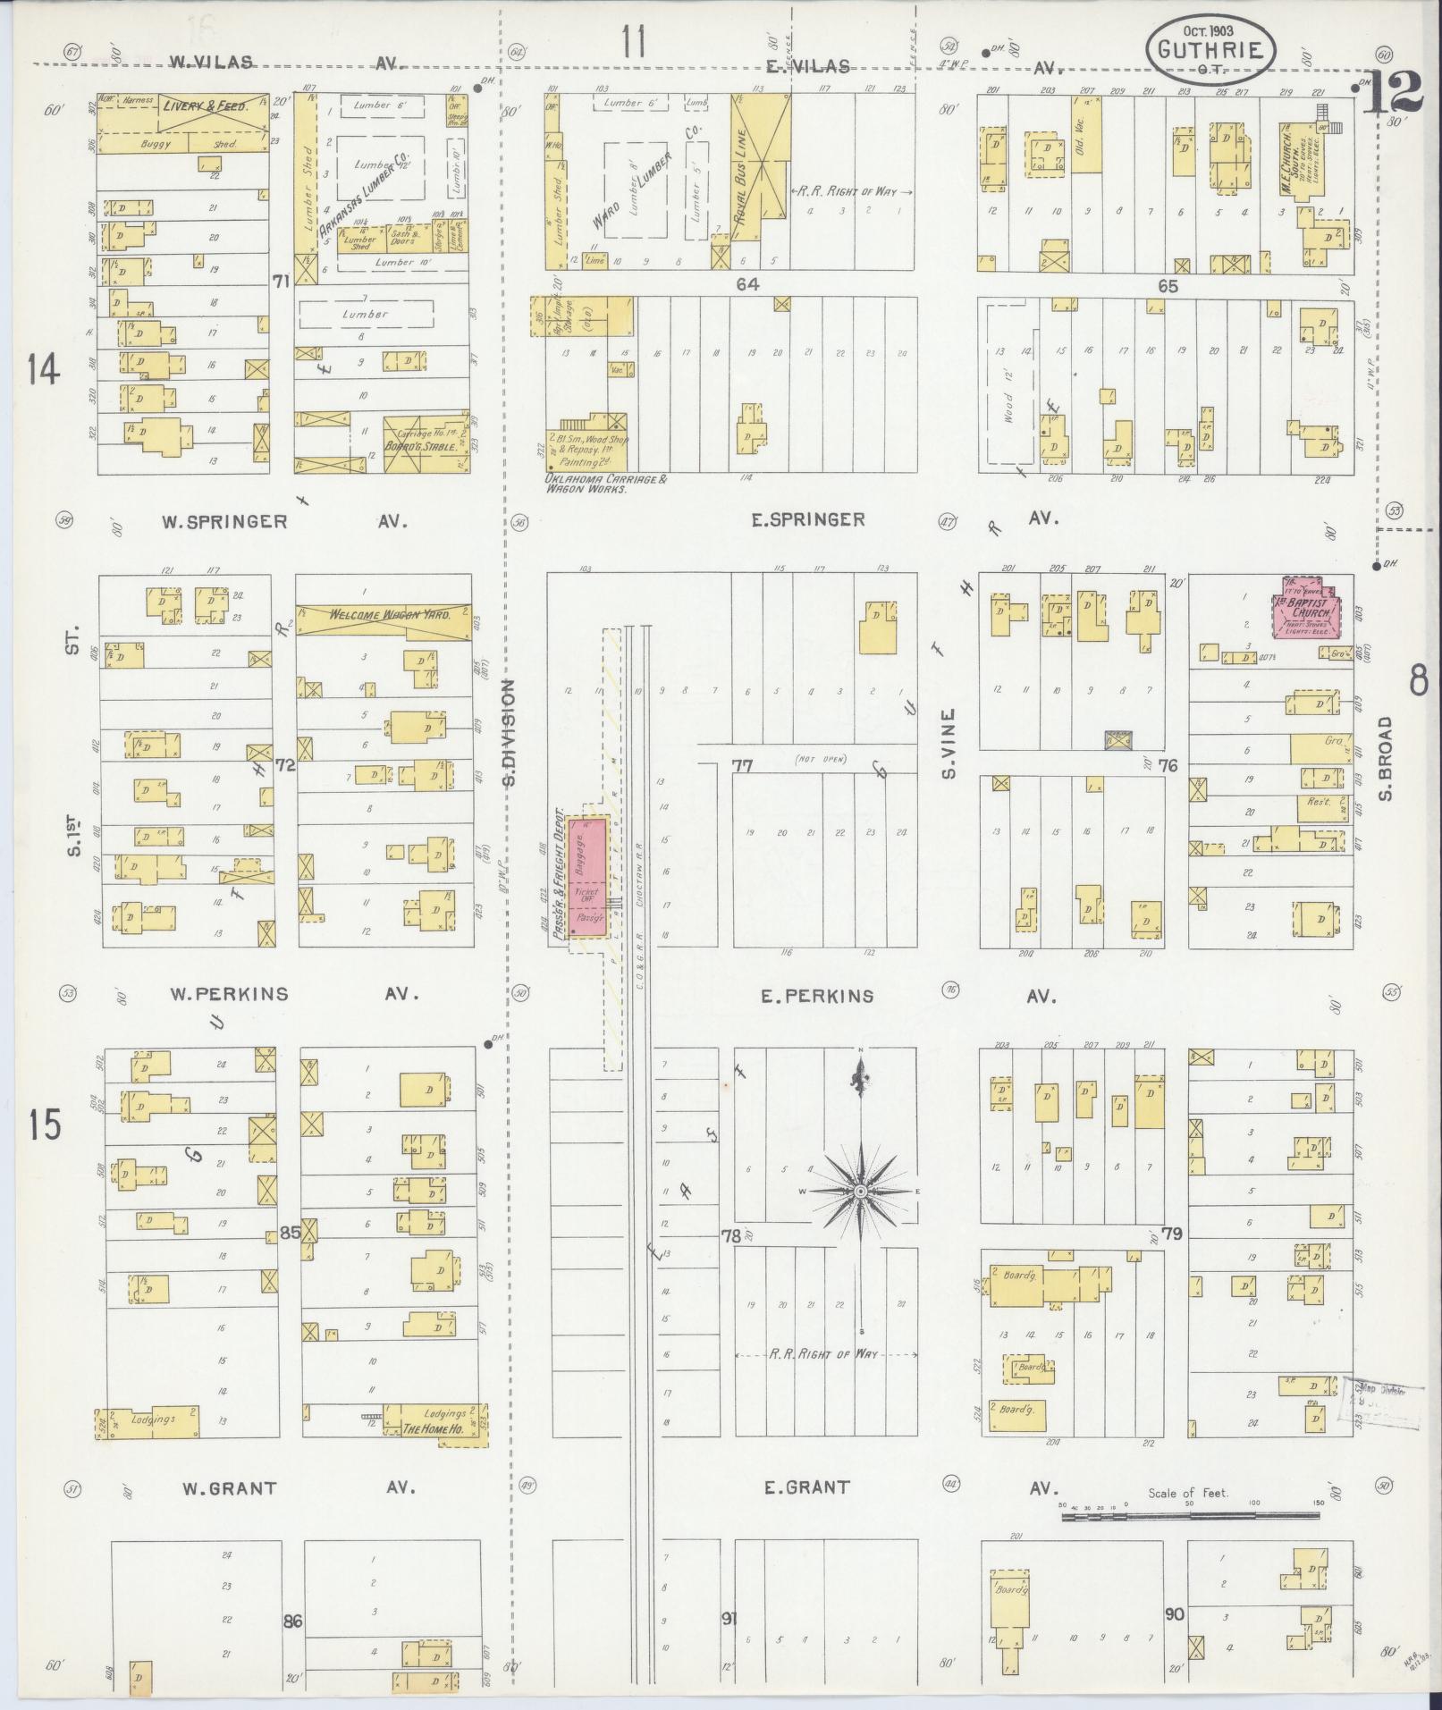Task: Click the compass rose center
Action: click(x=860, y=1192)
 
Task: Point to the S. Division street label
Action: click(x=509, y=733)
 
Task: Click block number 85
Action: click(x=290, y=1233)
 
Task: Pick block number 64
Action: click(x=747, y=284)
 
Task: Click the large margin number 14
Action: click(x=43, y=368)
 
